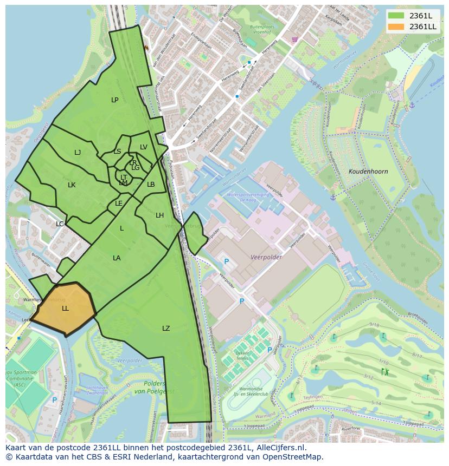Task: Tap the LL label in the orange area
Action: [x=65, y=309]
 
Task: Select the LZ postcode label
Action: [x=166, y=329]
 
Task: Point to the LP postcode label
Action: [x=115, y=100]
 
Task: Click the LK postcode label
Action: [x=72, y=185]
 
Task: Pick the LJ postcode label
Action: [x=78, y=153]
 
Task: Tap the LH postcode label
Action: [x=159, y=215]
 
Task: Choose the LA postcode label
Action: [x=117, y=258]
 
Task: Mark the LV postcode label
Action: [x=144, y=147]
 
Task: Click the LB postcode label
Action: [x=151, y=185]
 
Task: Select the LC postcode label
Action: [x=60, y=224]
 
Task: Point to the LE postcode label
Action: [x=119, y=204]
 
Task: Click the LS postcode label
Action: [x=117, y=152]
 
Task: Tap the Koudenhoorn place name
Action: [x=368, y=172]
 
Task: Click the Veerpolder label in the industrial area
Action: [x=266, y=258]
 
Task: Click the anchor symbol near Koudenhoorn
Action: [x=333, y=198]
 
